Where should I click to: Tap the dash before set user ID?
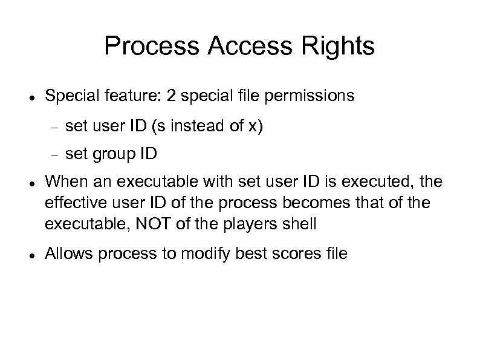[53, 128]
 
